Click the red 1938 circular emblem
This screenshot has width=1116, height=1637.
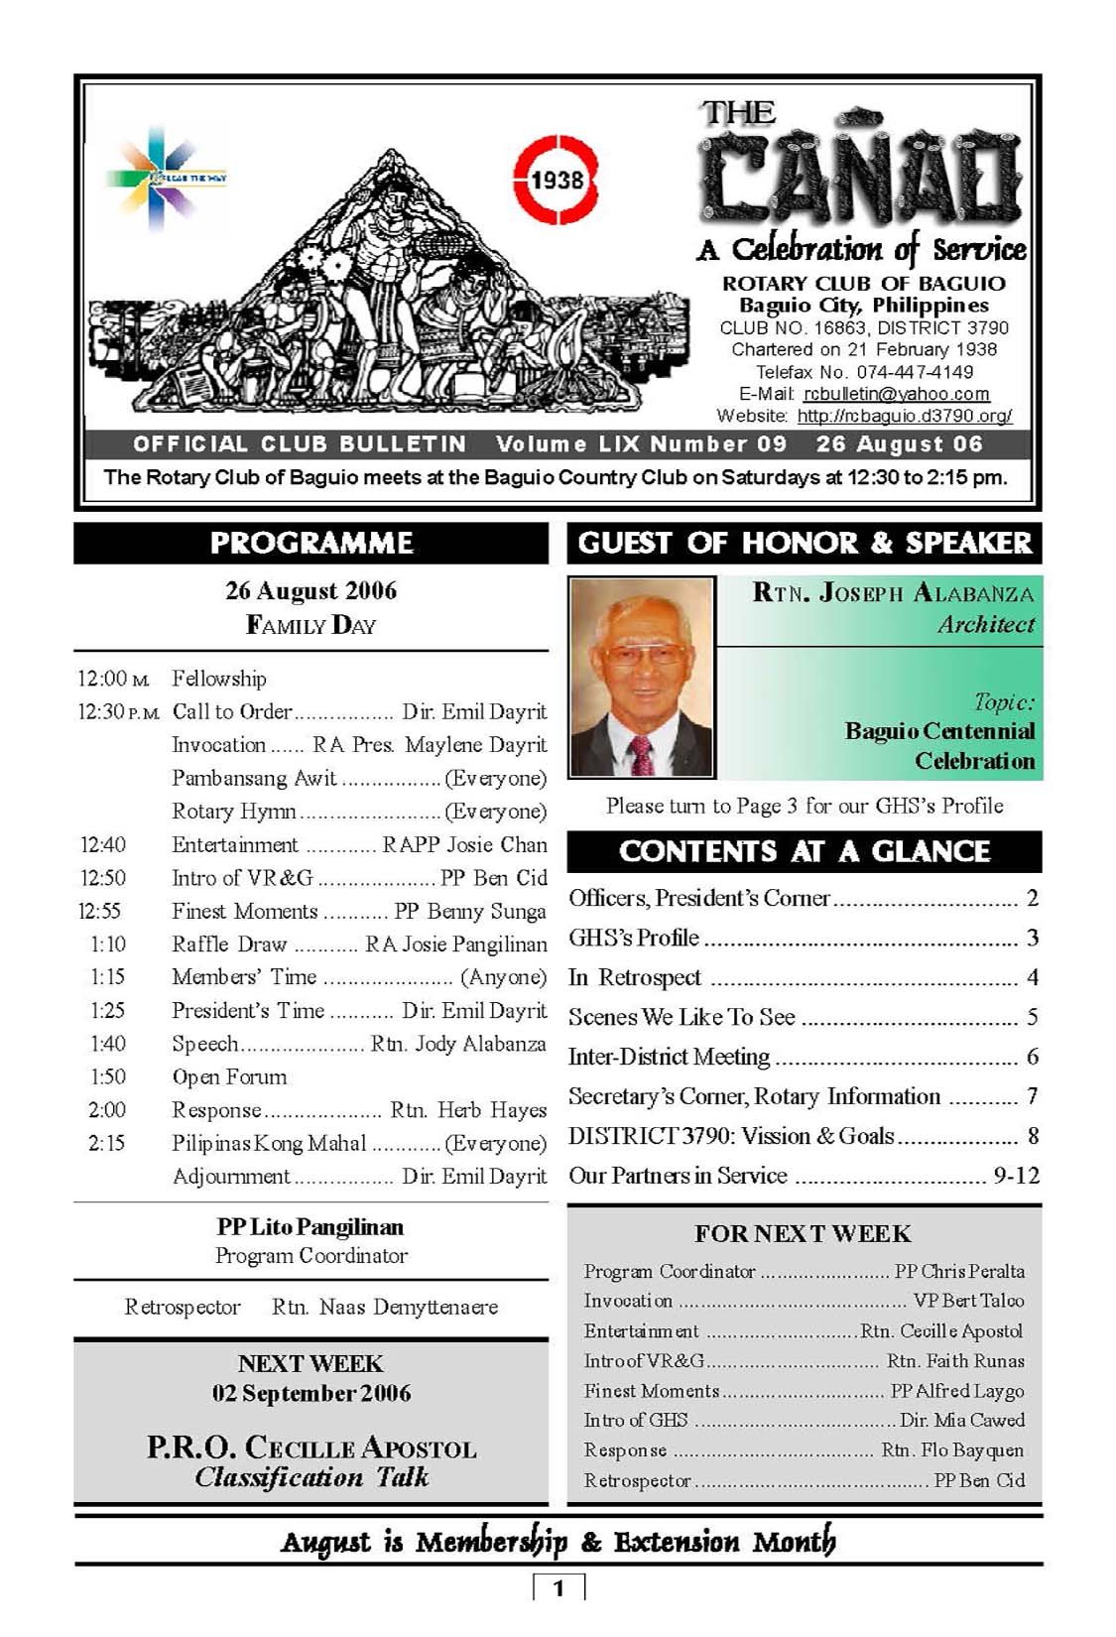coord(557,181)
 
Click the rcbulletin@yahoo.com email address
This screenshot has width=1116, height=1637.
coord(896,394)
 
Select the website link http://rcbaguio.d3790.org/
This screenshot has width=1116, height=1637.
coord(904,416)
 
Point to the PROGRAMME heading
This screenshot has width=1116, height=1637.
coord(310,543)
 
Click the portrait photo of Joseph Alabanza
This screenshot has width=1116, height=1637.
coord(642,678)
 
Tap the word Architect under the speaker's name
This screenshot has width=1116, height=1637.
coord(985,624)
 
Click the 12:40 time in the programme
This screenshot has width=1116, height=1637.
coord(103,844)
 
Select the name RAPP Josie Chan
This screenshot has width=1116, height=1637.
coord(464,844)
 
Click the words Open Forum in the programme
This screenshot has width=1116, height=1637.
coord(229,1076)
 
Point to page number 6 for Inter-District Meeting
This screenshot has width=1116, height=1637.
coord(1032,1057)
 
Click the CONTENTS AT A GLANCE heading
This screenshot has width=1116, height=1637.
coord(804,851)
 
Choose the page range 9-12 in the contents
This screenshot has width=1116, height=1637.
coord(1016,1176)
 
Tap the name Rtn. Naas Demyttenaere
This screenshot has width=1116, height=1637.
coord(385,1307)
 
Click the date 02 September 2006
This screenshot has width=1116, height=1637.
coord(310,1393)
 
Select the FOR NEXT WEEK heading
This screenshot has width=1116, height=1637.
coord(803,1233)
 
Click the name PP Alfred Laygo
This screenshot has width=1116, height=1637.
coord(956,1391)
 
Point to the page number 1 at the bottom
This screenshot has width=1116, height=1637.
coord(558,1588)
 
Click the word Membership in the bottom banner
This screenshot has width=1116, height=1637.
coord(491,1542)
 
